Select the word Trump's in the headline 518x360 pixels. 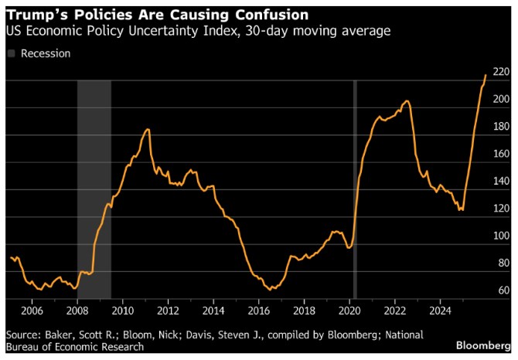35,14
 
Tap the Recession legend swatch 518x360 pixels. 11,53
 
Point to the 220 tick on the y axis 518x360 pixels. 500,72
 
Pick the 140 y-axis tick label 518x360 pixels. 500,181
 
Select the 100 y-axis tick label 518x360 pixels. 500,236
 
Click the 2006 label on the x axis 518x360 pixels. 32,311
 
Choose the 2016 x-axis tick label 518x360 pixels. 258,311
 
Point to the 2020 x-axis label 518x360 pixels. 349,311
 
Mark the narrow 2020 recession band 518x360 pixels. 354,185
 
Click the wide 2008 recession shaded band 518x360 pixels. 94,185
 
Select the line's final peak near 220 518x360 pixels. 486,75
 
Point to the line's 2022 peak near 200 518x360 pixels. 407,100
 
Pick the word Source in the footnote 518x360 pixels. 24,334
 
